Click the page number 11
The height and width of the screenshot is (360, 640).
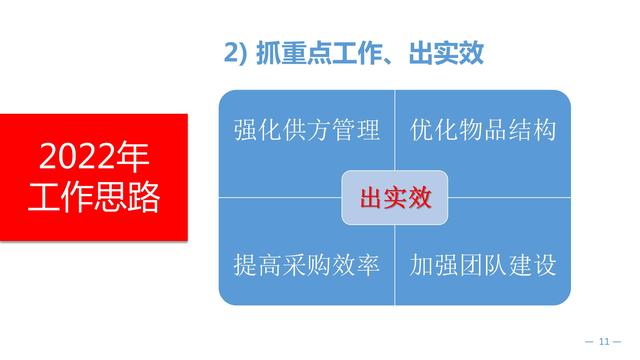pyautogui.click(x=604, y=343)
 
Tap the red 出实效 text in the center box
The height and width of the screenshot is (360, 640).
pyautogui.click(x=395, y=199)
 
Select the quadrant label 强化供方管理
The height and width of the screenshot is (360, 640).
pyautogui.click(x=306, y=130)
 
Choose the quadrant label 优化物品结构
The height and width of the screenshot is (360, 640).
pyautogui.click(x=483, y=130)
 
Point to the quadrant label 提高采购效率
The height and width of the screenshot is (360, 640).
pyautogui.click(x=306, y=266)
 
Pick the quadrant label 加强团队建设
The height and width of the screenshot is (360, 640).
pyautogui.click(x=483, y=266)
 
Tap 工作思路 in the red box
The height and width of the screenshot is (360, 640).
pyautogui.click(x=94, y=198)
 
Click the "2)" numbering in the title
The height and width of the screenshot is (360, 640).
pyautogui.click(x=235, y=54)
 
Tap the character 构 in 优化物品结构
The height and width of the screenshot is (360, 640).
pyautogui.click(x=544, y=130)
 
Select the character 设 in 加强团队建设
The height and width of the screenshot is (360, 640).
pyautogui.click(x=544, y=266)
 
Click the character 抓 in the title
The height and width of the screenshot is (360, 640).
pyautogui.click(x=272, y=54)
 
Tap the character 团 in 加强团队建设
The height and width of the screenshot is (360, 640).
pyautogui.click(x=471, y=266)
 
